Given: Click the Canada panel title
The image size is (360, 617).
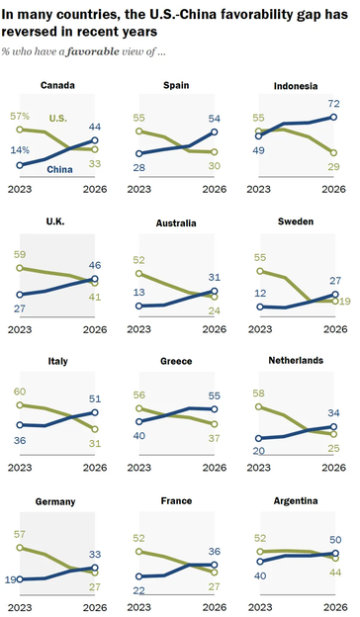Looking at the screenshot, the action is point(57,85).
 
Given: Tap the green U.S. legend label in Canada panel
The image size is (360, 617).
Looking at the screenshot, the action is point(57,118).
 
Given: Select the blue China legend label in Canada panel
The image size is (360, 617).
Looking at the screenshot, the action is point(59,170).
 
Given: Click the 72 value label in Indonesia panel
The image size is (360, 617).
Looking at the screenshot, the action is point(333,104).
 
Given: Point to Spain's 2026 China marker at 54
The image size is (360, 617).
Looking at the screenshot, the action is point(214,132).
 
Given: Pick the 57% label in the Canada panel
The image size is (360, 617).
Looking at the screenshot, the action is point(20,116).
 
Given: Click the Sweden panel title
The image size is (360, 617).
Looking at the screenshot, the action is point(296,221).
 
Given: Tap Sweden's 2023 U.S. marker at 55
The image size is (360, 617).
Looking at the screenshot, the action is point(260,271).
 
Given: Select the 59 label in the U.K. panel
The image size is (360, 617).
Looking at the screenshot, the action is point(20,254).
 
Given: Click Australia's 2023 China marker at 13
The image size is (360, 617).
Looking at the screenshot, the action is point(138,306).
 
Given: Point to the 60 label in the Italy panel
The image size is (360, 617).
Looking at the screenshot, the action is point(20,392).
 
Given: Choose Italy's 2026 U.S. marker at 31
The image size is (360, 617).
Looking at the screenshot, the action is point(94,429).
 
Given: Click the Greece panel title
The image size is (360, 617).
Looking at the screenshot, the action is point(176,361).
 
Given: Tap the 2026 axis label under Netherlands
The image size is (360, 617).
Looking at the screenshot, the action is point(333,468).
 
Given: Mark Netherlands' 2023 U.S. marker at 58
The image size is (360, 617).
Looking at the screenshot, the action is point(258,406).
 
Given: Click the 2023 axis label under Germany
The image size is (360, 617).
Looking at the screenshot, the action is point(20,607).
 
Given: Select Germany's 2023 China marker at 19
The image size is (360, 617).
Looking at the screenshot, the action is point(20,579).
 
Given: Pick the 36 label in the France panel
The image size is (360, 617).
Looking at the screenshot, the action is point(214,552).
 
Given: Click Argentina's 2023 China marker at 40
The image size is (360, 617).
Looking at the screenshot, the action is point(260,562).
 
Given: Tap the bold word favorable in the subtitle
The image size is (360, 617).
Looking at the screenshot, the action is point(93,51).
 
